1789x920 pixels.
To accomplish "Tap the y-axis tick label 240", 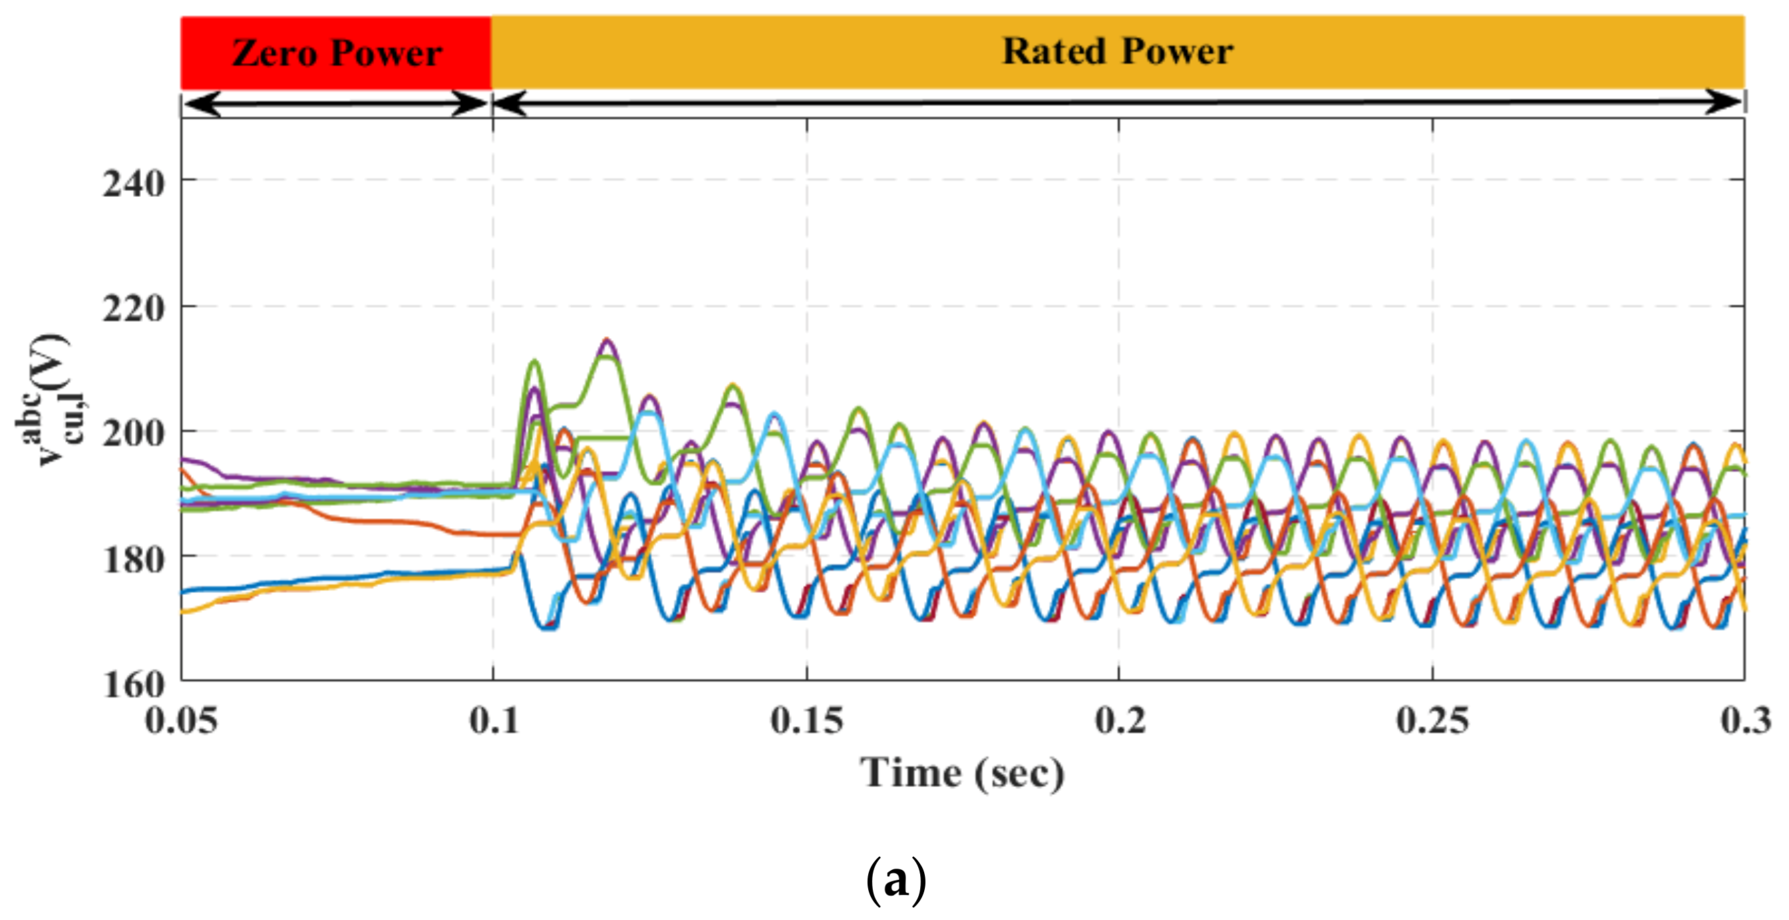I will coord(133,185).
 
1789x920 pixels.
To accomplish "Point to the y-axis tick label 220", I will coord(133,308).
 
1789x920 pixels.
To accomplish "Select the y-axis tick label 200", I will coord(133,434).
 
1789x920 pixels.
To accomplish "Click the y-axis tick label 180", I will coord(133,560).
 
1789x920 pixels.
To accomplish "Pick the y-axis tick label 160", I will coord(133,685).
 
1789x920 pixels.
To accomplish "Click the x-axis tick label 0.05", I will coord(181,720).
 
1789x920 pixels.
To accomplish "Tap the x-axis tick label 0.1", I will coord(494,720).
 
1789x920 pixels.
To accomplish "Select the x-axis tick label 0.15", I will coord(806,720).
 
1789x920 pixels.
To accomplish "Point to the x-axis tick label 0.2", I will coord(1120,720).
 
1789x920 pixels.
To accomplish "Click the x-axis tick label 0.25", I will coord(1432,720).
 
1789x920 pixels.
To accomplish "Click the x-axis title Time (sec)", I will coord(962,774).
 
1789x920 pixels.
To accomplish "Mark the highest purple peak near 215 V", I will coord(607,342).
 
